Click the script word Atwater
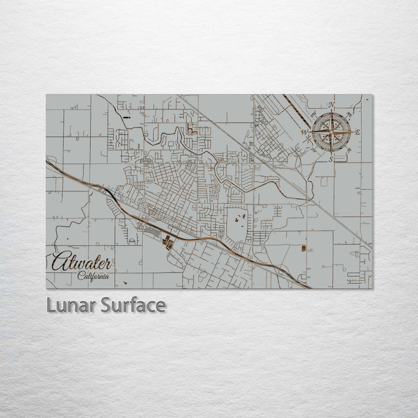(x=81, y=262)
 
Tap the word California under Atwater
(x=93, y=276)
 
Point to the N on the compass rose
(x=331, y=105)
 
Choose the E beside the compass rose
(x=358, y=132)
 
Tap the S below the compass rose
(x=331, y=158)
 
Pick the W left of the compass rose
(x=304, y=132)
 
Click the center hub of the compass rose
(x=331, y=132)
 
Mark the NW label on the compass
(x=312, y=114)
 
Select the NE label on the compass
(x=349, y=114)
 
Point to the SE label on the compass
(x=349, y=151)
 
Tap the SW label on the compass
(x=313, y=151)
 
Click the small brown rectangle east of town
(x=302, y=248)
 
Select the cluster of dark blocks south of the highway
(x=168, y=242)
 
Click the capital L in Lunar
(x=50, y=305)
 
